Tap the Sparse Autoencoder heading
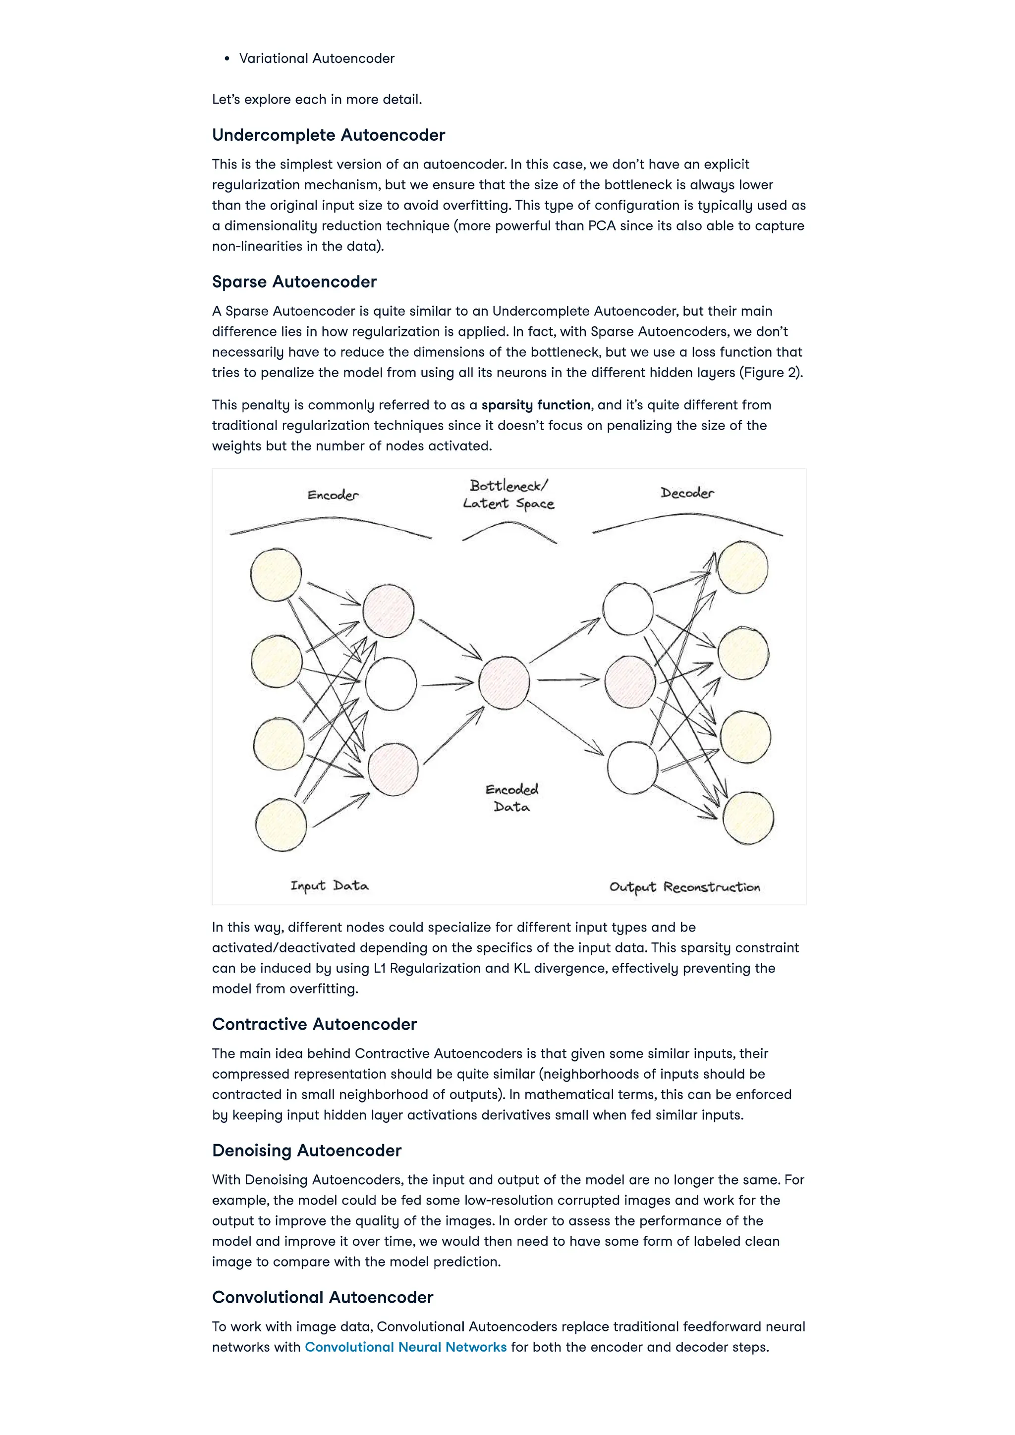(294, 282)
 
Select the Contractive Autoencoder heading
(314, 1024)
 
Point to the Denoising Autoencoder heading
(306, 1151)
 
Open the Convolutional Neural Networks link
(405, 1347)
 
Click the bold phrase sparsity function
(536, 405)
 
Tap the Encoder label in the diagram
(333, 496)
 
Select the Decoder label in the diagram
(687, 493)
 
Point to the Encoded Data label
(512, 798)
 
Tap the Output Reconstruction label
(684, 887)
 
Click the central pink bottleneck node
(504, 683)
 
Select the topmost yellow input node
(276, 574)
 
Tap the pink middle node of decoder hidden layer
(630, 682)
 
